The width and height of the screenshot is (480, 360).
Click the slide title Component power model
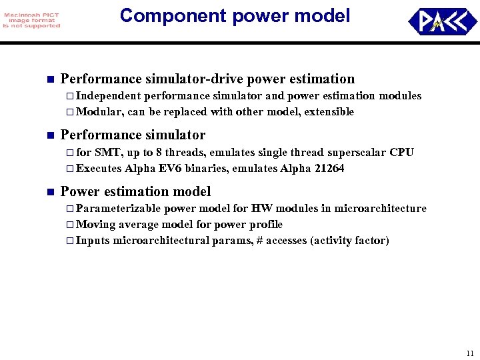[x=235, y=16]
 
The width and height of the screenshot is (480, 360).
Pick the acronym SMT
[x=108, y=153]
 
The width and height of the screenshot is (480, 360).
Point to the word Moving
[x=96, y=224]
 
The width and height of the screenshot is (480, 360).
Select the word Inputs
[x=93, y=240]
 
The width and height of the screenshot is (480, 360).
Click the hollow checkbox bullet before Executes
[x=71, y=169]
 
